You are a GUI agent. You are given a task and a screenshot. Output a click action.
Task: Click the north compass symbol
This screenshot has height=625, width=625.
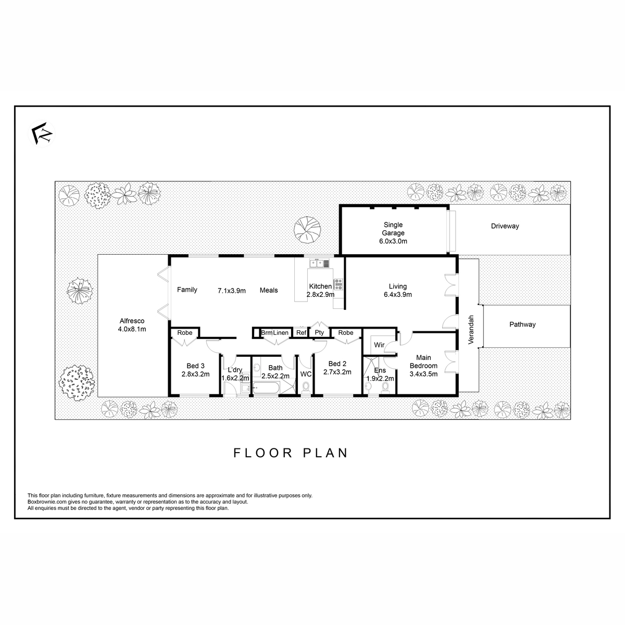point(42,133)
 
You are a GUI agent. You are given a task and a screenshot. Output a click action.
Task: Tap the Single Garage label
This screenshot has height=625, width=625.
point(393,229)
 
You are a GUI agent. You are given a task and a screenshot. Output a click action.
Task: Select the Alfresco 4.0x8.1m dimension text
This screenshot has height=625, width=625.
point(132,329)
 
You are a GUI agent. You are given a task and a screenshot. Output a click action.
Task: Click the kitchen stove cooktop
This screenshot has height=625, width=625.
point(339,284)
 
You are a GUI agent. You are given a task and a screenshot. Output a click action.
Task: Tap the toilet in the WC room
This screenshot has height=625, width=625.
point(306,388)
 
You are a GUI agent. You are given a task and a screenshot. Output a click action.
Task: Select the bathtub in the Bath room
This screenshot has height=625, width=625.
point(266,388)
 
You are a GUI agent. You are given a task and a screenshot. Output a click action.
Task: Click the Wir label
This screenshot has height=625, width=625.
point(379,345)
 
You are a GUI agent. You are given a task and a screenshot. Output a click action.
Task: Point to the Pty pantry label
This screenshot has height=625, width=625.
point(319,332)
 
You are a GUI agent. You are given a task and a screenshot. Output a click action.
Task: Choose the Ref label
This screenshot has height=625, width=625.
point(301,333)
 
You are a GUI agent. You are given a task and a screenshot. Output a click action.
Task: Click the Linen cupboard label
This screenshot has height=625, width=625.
point(281,333)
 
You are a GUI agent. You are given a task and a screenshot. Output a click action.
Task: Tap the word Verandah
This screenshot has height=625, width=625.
point(471,330)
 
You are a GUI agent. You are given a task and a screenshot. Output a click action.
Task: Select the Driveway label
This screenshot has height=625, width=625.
point(505,226)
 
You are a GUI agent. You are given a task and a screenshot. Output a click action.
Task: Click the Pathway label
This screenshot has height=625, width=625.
point(522,324)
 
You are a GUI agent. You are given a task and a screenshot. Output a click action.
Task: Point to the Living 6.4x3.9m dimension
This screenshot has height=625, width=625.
point(397,294)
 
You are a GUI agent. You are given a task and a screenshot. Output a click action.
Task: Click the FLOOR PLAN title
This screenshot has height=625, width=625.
point(291,453)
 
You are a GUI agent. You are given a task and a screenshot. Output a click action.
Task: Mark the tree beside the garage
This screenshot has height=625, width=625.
point(307,230)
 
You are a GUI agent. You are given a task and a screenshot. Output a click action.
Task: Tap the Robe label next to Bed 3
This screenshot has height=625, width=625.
point(184,333)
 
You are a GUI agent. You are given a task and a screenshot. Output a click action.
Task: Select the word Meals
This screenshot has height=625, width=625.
point(269,290)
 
